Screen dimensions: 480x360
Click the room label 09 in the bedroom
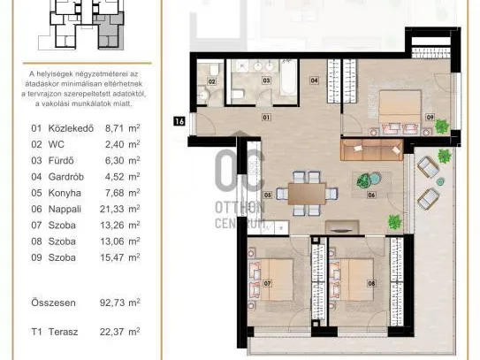pyautogui.click(x=430, y=117)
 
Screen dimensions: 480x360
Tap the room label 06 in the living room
pyautogui.click(x=371, y=195)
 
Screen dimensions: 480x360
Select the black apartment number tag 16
pyautogui.click(x=179, y=121)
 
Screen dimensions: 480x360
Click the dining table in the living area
pyautogui.click(x=307, y=194)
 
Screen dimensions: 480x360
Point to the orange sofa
pyautogui.click(x=371, y=149)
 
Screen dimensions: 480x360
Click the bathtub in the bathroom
pyautogui.click(x=289, y=78)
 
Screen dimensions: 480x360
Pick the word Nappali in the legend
pyautogui.click(x=65, y=210)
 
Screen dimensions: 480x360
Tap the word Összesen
pyautogui.click(x=53, y=303)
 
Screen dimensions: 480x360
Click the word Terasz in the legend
pyautogui.click(x=63, y=332)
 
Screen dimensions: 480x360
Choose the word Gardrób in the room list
pyautogui.click(x=66, y=177)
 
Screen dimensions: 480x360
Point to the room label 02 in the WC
pyautogui.click(x=211, y=81)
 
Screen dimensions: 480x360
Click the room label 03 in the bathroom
pyautogui.click(x=266, y=80)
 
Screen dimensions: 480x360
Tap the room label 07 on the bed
pyautogui.click(x=267, y=283)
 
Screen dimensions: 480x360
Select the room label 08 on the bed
pyautogui.click(x=371, y=283)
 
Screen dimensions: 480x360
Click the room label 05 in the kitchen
pyautogui.click(x=268, y=195)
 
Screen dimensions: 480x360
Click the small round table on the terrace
pyautogui.click(x=440, y=182)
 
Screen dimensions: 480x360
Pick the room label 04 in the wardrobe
pyautogui.click(x=314, y=80)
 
